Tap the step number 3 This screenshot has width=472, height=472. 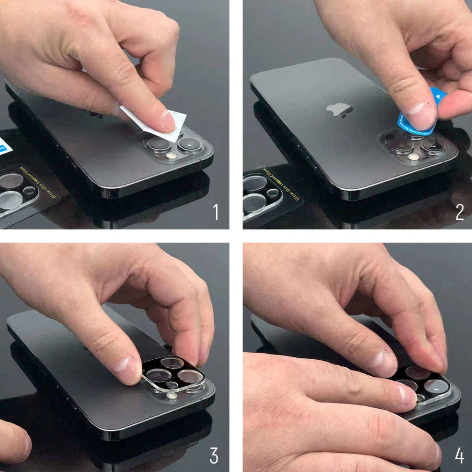pyautogui.click(x=214, y=456)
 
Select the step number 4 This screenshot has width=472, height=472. pyautogui.click(x=459, y=456)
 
